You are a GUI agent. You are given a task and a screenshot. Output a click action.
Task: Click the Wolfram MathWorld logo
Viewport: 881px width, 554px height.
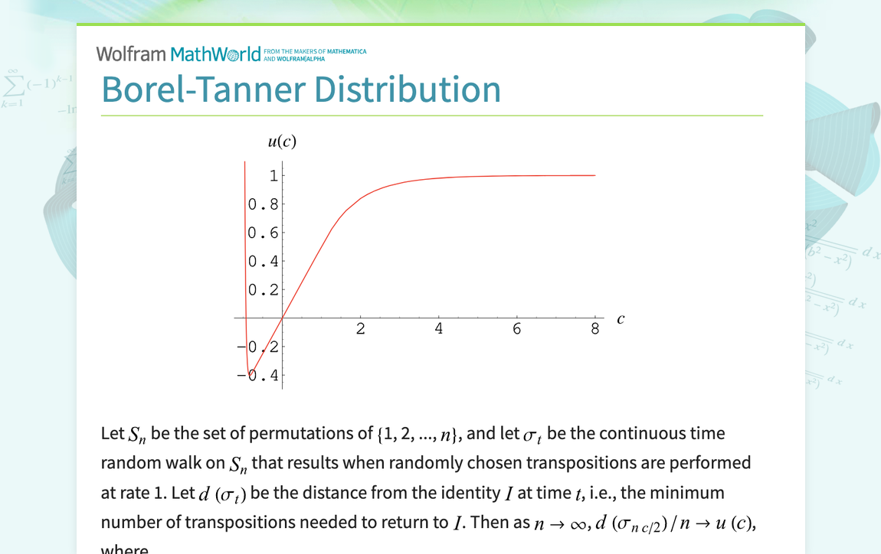[x=178, y=54]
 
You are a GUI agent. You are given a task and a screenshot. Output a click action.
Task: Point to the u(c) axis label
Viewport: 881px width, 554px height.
[x=282, y=142]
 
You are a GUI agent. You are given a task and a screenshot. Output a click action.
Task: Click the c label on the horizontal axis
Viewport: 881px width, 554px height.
[x=620, y=319]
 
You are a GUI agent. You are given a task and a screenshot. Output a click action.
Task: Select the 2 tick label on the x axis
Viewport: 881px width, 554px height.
[x=361, y=330]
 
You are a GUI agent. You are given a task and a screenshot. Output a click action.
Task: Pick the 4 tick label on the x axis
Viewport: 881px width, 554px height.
[x=439, y=330]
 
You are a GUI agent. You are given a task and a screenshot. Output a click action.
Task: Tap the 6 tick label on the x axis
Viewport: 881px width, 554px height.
[x=517, y=330]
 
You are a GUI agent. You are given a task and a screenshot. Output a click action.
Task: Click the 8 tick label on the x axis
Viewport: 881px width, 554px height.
[x=595, y=330]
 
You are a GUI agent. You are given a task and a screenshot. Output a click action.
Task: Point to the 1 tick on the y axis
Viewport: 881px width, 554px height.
[x=273, y=176]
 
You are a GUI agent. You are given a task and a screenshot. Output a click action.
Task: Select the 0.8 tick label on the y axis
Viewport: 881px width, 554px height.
[x=262, y=204]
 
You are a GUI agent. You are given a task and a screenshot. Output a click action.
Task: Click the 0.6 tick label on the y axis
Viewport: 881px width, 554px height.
[x=262, y=233]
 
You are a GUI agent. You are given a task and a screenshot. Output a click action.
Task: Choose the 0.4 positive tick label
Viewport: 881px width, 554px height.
[x=262, y=262]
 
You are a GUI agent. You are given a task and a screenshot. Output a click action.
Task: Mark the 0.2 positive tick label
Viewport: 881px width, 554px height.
[x=262, y=290]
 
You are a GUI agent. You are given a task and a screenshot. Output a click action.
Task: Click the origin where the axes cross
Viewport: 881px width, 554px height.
[x=283, y=318]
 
